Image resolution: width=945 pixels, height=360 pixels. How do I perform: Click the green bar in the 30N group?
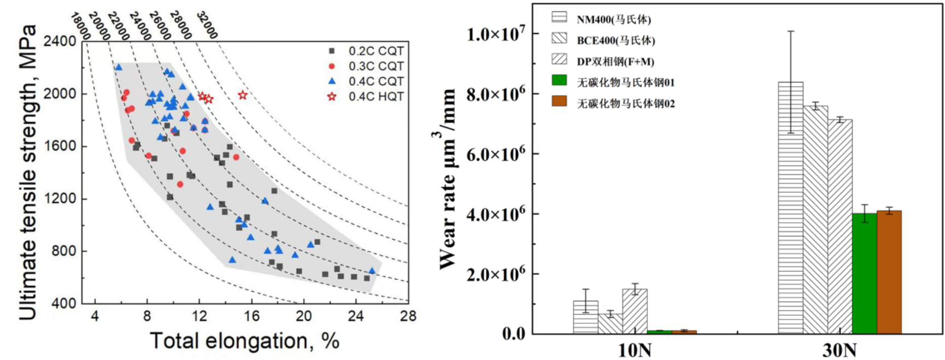864,273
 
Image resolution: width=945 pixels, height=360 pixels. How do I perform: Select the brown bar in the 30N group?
889,272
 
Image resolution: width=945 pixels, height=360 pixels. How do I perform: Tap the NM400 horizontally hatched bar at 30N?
790,208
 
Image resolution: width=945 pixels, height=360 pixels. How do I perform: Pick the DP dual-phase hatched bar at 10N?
635,311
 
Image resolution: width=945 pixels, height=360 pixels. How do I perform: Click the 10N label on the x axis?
634,350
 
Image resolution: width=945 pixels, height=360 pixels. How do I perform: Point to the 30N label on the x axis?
840,350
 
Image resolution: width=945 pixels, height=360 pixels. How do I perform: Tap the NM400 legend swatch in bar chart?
559,17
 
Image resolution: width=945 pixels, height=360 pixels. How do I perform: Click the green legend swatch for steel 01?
559,80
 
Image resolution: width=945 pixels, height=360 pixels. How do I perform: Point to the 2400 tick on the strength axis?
60,42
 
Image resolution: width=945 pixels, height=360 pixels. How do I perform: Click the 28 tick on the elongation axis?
408,316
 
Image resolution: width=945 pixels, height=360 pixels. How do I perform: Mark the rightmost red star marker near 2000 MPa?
243,95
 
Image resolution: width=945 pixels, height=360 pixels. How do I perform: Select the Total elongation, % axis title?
244,341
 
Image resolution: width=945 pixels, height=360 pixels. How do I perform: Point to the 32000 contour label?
207,25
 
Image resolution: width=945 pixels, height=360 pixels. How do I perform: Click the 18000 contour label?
80,26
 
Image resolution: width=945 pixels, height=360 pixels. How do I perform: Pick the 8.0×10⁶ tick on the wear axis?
495,95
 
